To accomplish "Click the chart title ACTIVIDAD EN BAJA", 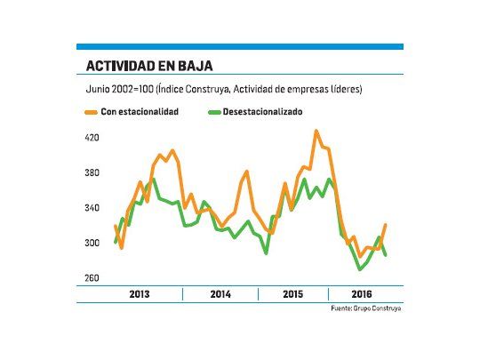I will tap(148, 66).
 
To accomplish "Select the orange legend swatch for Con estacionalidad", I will tap(92, 112).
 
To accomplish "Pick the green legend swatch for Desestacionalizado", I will tap(213, 112).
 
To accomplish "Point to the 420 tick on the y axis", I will tap(93, 138).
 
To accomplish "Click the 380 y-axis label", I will tap(93, 173).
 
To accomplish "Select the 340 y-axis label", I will tap(93, 208).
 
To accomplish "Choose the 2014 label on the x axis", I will tap(220, 293).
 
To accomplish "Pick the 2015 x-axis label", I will tap(292, 293).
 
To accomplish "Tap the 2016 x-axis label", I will tap(362, 293).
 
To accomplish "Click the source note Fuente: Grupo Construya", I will tap(367, 308).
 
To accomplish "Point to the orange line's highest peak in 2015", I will tap(316, 132).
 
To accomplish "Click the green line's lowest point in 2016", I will tap(360, 268).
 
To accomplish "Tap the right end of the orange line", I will tap(385, 225).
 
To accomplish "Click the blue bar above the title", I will tap(239, 46).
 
